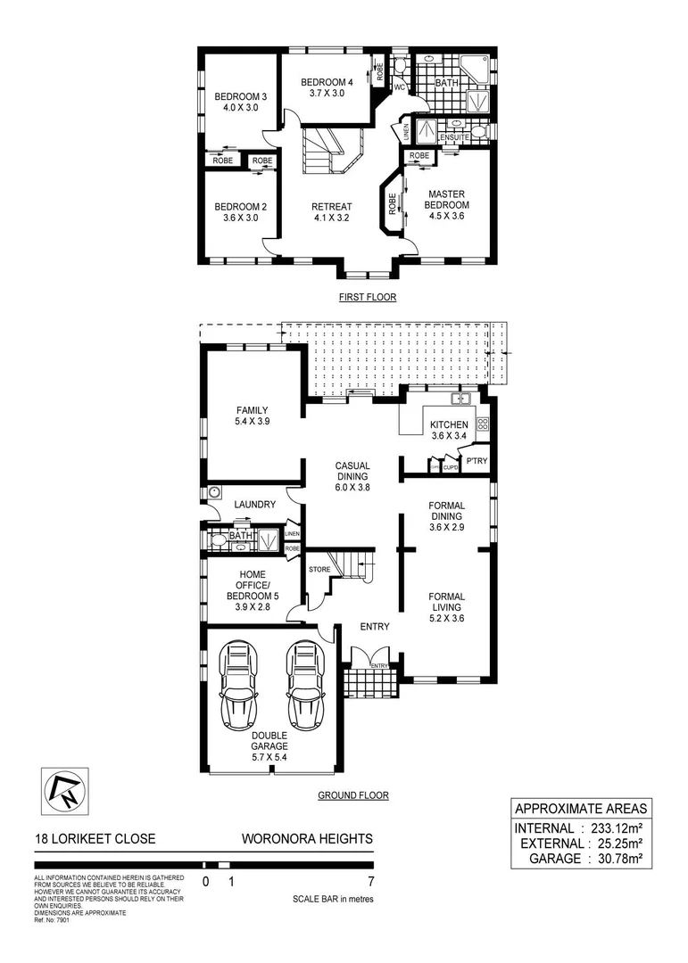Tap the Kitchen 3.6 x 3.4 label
[x=448, y=431]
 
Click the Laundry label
[x=254, y=505]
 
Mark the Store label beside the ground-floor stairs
[x=319, y=569]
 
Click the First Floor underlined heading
[x=367, y=298]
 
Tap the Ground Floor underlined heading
[x=353, y=795]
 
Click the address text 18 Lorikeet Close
[x=95, y=839]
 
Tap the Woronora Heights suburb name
[x=307, y=839]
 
